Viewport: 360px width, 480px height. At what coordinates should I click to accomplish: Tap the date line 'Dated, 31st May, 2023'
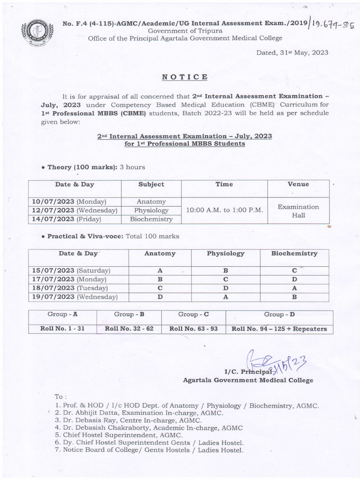tap(292, 52)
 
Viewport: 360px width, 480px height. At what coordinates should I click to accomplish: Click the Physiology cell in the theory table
tap(151, 210)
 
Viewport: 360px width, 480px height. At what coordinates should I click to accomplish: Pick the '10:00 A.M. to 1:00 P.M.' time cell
tap(224, 210)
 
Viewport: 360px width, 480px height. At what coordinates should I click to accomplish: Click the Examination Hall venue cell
tap(298, 210)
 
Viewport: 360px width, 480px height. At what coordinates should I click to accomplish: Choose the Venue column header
tap(298, 184)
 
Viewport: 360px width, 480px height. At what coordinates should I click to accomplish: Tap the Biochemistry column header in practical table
tap(294, 254)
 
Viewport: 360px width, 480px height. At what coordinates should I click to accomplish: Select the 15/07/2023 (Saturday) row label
tap(71, 271)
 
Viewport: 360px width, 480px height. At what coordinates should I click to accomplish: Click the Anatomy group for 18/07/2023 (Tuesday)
tap(160, 288)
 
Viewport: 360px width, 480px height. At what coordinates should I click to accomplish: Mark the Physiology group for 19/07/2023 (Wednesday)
tap(225, 297)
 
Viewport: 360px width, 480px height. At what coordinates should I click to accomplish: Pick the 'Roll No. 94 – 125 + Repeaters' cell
tap(279, 329)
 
